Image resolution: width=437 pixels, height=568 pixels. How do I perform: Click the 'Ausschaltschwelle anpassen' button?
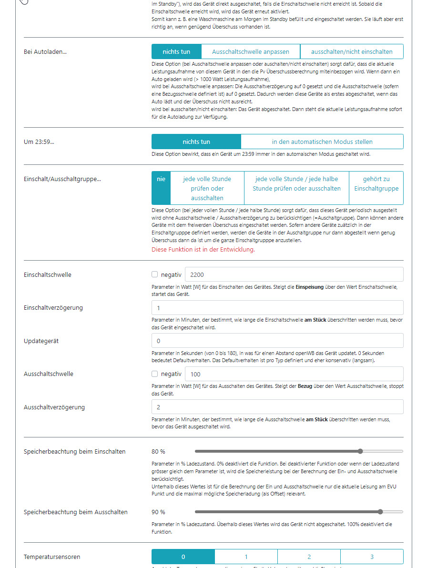(251, 51)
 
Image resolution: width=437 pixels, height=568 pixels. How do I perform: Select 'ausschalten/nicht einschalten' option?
(352, 51)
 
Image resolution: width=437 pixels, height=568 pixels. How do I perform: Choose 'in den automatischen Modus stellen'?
(322, 142)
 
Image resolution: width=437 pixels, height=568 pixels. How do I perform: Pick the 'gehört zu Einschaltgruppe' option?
(376, 183)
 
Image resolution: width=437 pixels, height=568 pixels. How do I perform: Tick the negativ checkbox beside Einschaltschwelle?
(154, 274)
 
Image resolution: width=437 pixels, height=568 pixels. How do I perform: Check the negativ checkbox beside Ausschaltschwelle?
(154, 374)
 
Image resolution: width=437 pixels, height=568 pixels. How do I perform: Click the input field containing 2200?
(294, 274)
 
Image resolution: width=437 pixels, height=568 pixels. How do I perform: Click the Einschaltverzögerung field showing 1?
(277, 308)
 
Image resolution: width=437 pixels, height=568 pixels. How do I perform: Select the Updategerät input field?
(277, 341)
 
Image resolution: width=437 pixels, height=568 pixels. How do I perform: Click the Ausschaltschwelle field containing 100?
(294, 374)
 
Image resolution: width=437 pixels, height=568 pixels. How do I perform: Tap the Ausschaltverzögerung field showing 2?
(277, 407)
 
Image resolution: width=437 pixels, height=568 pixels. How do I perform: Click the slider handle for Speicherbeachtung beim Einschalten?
(360, 451)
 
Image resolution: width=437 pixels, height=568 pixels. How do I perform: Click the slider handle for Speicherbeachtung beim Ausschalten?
(380, 512)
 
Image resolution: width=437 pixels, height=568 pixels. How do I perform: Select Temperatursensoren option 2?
(309, 557)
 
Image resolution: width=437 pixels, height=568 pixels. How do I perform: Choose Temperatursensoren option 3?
(372, 557)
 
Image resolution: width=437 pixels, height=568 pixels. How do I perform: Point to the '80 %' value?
(159, 451)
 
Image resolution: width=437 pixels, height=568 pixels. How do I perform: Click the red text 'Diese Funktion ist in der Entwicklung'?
(203, 249)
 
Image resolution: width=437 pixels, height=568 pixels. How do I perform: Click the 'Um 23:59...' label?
(39, 142)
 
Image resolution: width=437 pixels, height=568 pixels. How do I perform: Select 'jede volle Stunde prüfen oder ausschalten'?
(207, 188)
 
